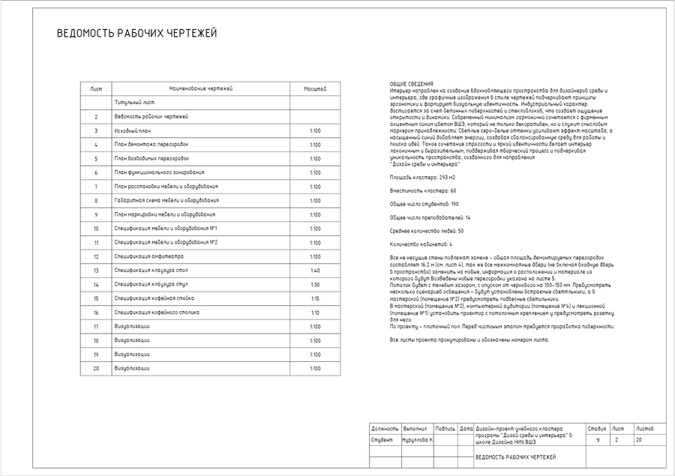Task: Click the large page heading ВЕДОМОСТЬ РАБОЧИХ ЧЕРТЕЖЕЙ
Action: pos(137,34)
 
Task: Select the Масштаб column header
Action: pos(315,88)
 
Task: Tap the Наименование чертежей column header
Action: pos(201,88)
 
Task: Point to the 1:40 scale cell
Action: pos(315,271)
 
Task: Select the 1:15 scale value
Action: pos(315,298)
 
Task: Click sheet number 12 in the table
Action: pos(96,256)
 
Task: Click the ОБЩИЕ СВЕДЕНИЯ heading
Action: pos(411,84)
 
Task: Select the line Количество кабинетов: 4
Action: pos(421,244)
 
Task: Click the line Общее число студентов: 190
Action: pos(424,204)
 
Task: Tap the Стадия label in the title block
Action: pos(597,428)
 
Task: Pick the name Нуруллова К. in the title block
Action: pos(418,440)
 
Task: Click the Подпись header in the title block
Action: pos(445,428)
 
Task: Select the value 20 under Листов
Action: pos(639,440)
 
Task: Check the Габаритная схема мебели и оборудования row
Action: pos(166,201)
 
